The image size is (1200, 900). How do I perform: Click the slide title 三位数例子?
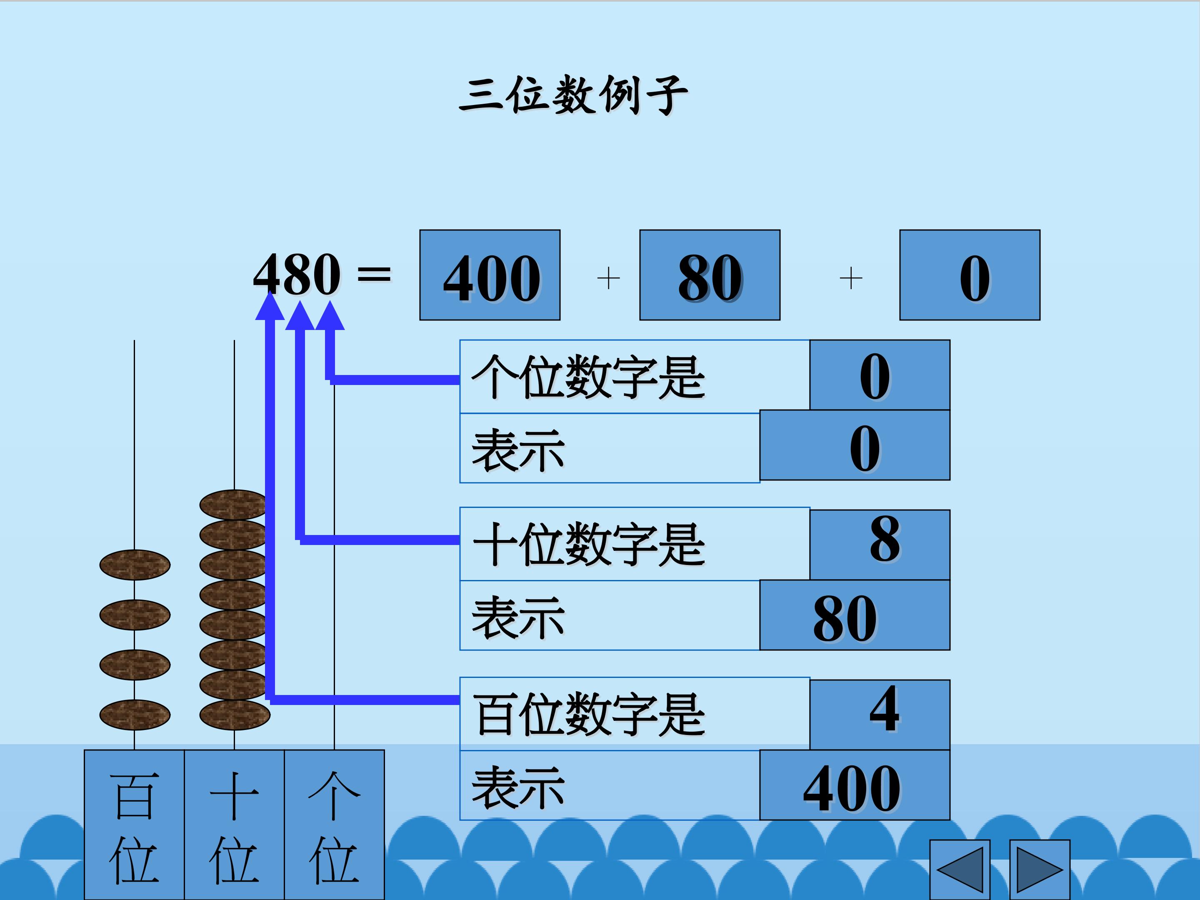pyautogui.click(x=573, y=95)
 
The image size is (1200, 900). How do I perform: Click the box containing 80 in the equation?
pyautogui.click(x=710, y=275)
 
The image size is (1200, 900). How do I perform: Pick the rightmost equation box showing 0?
pyautogui.click(x=970, y=275)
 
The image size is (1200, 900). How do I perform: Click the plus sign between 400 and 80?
pyautogui.click(x=608, y=278)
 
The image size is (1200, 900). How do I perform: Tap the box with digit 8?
pyautogui.click(x=880, y=544)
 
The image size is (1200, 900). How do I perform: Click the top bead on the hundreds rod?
pyautogui.click(x=135, y=565)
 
